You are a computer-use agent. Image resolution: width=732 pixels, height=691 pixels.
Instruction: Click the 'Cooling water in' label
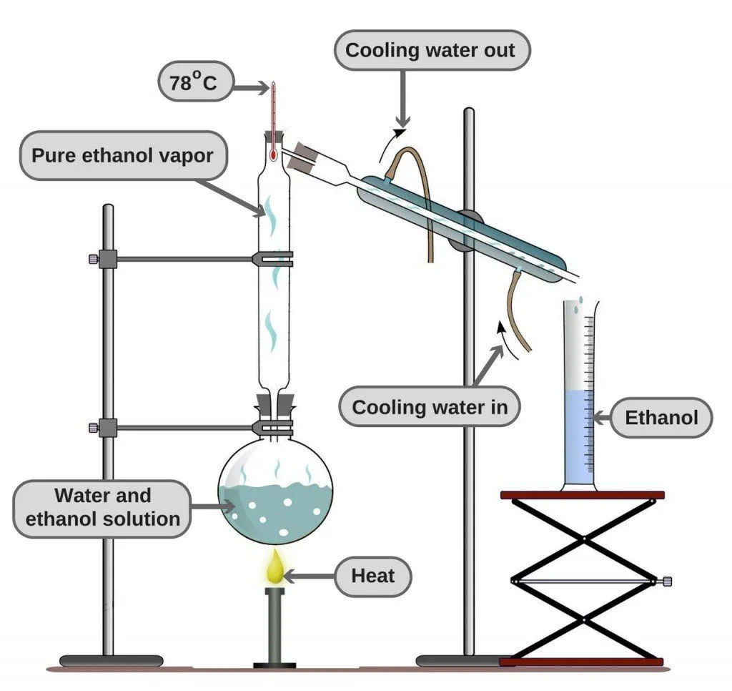point(430,407)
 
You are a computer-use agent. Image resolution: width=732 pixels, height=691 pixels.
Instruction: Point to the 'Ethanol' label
point(661,417)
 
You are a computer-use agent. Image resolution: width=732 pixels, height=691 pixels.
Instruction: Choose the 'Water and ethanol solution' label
point(102,507)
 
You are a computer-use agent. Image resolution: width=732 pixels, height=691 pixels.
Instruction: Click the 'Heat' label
point(372,575)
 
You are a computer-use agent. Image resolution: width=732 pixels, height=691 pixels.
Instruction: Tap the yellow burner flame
point(276,569)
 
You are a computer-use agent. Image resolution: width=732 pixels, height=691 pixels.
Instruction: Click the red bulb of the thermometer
point(274,153)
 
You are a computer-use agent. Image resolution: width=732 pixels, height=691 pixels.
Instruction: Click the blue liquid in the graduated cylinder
point(578,436)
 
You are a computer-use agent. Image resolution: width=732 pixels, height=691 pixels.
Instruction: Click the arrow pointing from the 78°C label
point(252,88)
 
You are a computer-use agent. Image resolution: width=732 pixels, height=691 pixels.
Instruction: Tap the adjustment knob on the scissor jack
point(668,581)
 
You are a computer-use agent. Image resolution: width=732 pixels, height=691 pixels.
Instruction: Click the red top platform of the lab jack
point(583,495)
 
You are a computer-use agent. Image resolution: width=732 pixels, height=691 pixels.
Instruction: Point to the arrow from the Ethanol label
point(603,418)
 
